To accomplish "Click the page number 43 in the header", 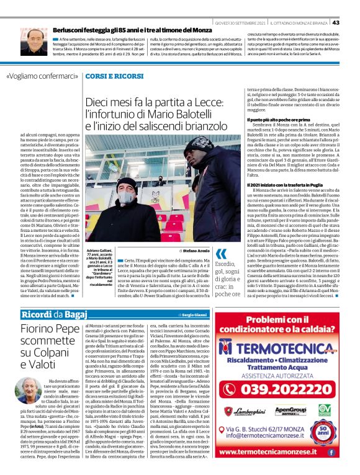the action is pyautogui.click(x=352, y=6).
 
